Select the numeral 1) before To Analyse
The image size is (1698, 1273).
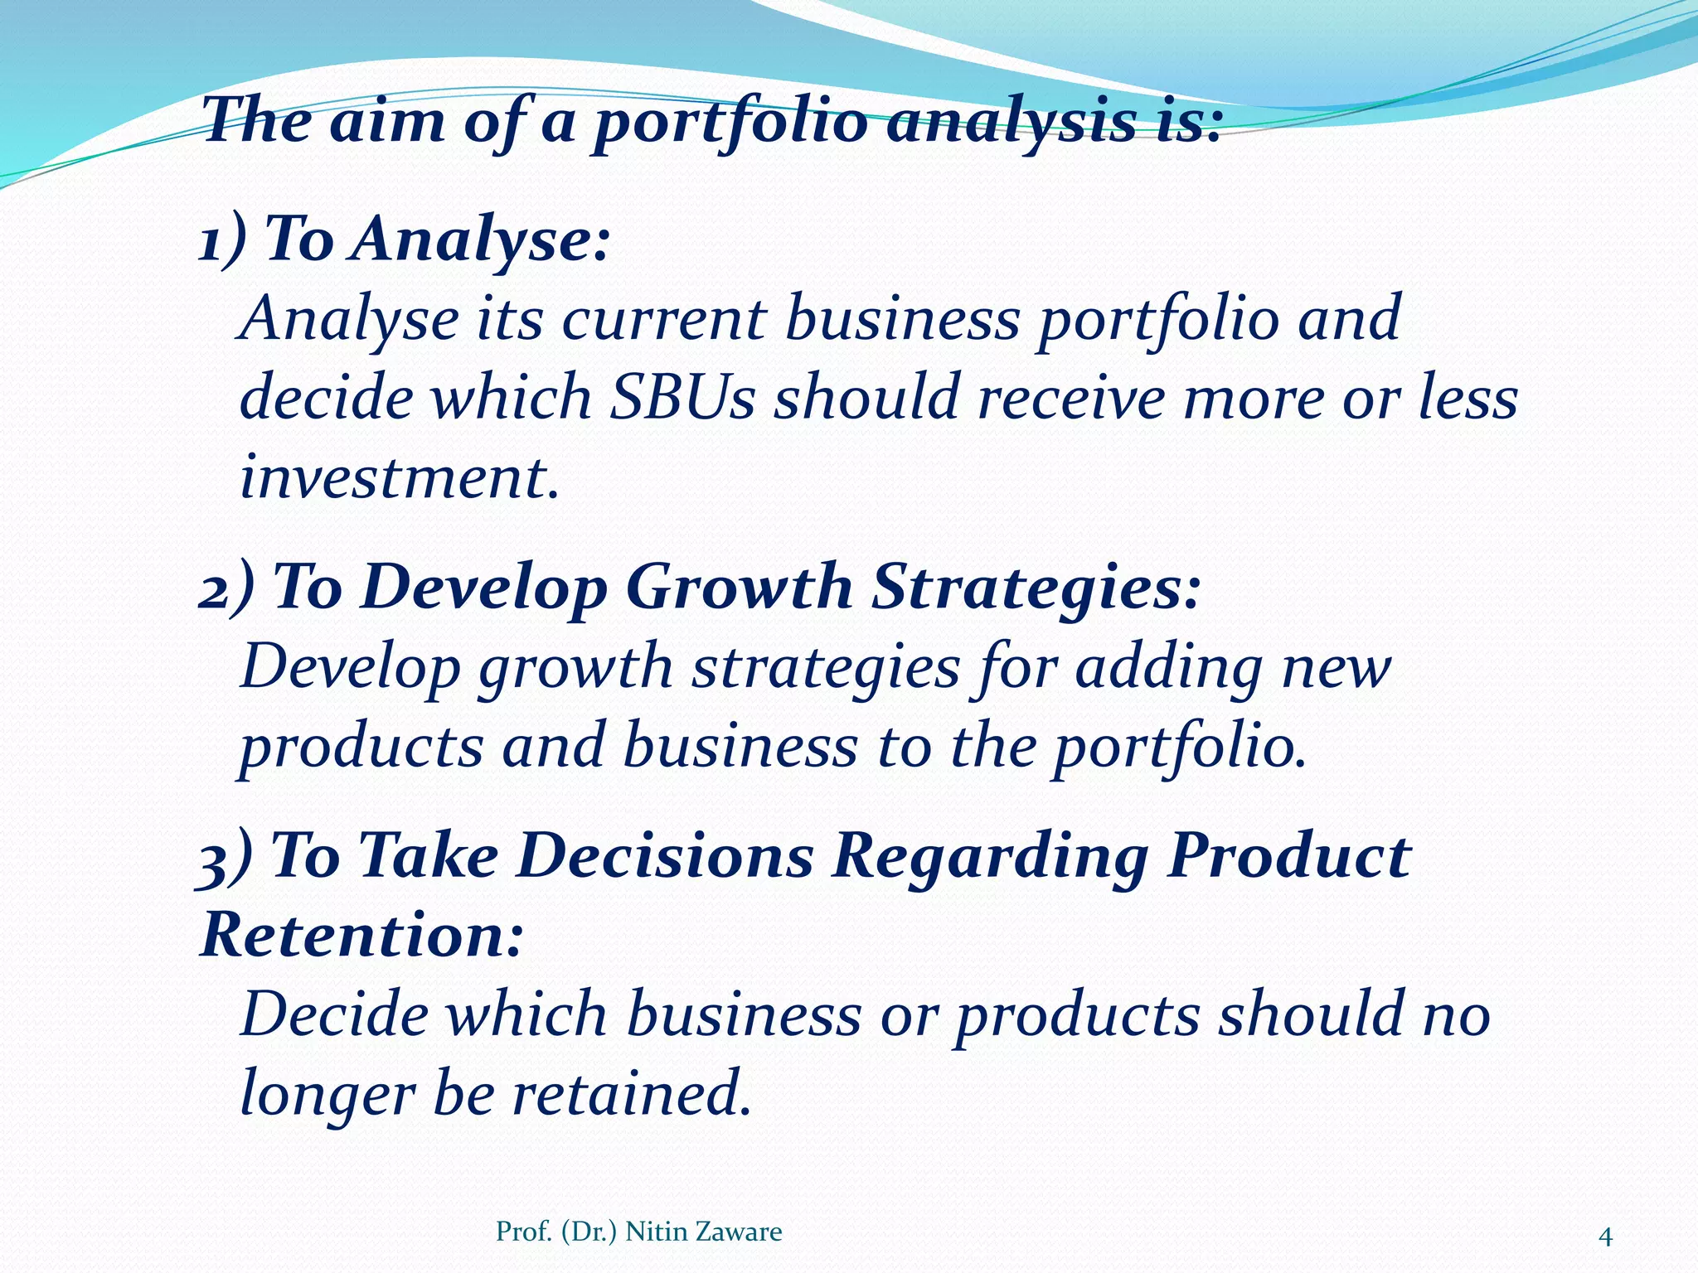tap(223, 240)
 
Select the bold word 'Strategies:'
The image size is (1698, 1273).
tap(1036, 588)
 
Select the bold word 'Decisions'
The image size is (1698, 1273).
tap(665, 857)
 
